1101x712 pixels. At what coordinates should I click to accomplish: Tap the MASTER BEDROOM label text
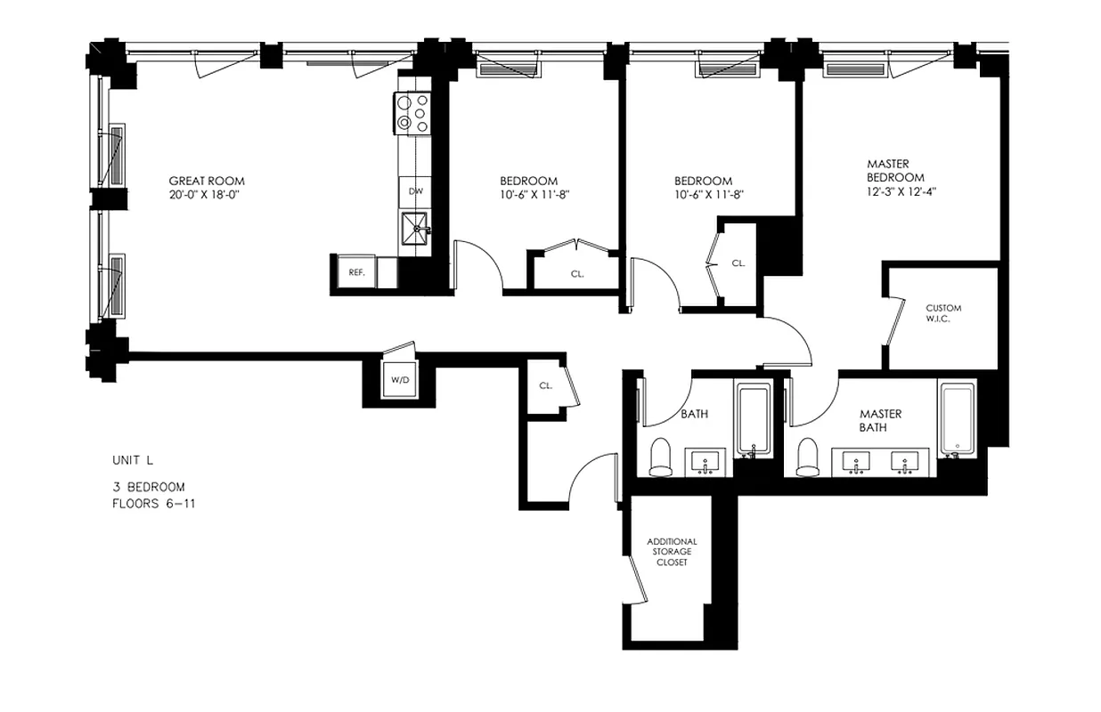coord(895,170)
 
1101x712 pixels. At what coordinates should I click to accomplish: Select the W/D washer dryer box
coord(399,380)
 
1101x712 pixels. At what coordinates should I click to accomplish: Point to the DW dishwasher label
coord(415,191)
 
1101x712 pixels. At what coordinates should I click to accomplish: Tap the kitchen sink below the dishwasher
coord(415,229)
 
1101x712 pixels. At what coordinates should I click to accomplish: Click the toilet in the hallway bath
coord(661,457)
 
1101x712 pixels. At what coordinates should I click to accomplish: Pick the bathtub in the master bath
coord(958,419)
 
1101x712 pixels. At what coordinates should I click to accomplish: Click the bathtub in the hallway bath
coord(753,419)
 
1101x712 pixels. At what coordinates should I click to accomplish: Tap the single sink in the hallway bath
coord(706,463)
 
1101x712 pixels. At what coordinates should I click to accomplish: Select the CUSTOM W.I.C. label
coord(943,313)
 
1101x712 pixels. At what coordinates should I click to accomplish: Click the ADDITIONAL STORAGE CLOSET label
coord(672,552)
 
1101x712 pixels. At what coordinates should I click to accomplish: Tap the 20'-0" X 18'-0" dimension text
coord(206,194)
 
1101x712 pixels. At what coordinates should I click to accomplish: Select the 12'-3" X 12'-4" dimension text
coord(895,190)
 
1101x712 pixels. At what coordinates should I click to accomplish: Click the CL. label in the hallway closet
coord(545,386)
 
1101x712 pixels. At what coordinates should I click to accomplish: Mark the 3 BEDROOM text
coord(148,487)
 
